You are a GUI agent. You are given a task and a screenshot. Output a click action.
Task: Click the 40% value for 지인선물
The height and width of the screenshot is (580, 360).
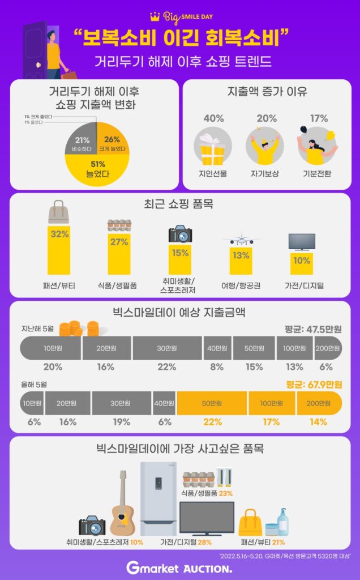[x=213, y=118]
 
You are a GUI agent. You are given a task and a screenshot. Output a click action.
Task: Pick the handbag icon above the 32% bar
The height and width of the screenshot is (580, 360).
[x=59, y=213]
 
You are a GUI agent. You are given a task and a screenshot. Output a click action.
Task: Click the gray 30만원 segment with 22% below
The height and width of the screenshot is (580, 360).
[x=167, y=348]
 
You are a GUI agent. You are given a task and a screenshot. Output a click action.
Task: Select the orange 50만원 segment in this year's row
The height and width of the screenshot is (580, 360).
[x=212, y=403]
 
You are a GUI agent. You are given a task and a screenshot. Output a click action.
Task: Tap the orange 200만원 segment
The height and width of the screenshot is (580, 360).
[x=319, y=403]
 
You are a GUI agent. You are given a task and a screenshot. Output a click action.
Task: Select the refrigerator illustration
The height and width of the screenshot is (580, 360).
[x=159, y=498]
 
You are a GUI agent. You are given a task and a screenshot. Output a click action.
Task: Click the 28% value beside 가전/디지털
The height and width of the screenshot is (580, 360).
[x=204, y=542]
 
